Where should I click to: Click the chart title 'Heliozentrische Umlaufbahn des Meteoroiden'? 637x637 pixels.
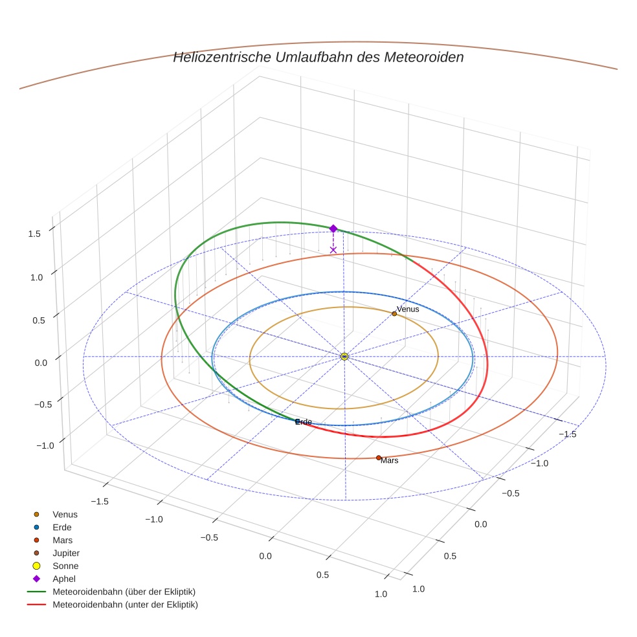(318, 57)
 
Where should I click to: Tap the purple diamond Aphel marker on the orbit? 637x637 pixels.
(333, 229)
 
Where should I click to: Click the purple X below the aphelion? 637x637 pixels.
(333, 250)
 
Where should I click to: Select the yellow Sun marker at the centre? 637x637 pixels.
(344, 356)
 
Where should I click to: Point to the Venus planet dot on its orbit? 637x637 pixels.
(394, 313)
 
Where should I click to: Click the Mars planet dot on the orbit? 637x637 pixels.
(379, 458)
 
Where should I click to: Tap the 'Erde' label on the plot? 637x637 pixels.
(304, 422)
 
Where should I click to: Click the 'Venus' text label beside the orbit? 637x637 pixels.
(408, 309)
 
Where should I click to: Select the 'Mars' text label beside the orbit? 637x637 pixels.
(390, 461)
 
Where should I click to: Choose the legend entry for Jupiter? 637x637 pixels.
(66, 553)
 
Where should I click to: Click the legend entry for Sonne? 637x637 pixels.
(65, 566)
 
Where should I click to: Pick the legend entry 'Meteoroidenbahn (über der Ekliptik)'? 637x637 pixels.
(124, 592)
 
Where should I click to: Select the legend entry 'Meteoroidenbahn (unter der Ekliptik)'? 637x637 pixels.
(125, 605)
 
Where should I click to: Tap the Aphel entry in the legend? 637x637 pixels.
(63, 579)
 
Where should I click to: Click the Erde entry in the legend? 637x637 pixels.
(62, 527)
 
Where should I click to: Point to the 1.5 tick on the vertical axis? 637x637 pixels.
(35, 234)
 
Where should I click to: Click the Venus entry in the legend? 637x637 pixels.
(65, 514)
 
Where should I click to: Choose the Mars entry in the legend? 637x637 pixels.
(62, 540)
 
